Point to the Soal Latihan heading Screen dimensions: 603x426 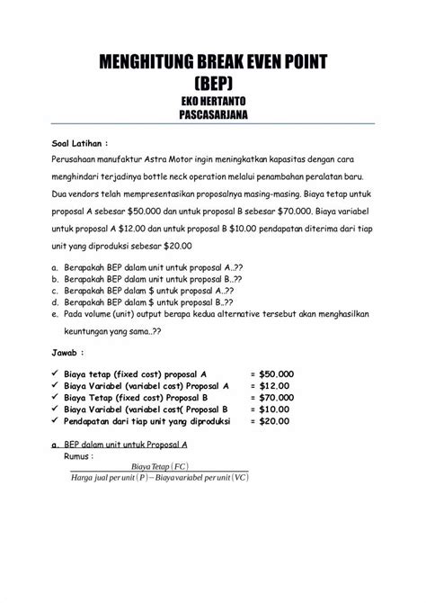coord(79,142)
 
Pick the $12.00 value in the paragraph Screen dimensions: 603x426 coord(145,228)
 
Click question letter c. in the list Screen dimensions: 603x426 coord(56,291)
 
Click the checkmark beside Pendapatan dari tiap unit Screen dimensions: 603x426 coord(56,421)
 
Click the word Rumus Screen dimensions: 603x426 coord(82,456)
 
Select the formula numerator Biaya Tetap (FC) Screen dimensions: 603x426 coord(160,466)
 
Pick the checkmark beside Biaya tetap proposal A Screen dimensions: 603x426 coord(56,372)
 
